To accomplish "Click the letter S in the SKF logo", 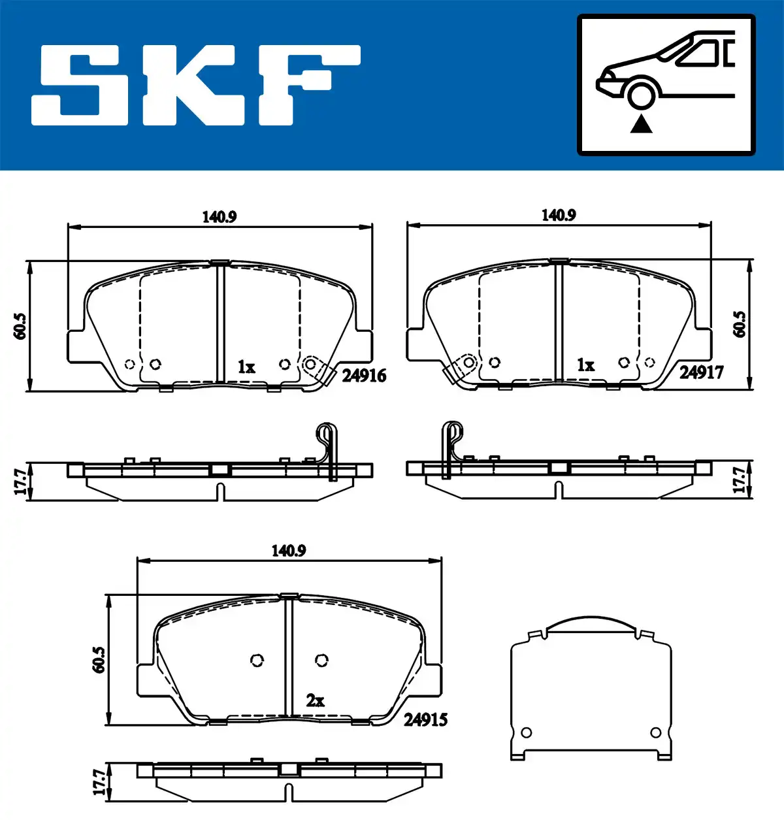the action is coord(80,86).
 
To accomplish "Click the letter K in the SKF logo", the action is coord(191,86).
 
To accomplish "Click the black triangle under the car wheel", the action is coord(641,124).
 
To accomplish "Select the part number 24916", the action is coord(363,376).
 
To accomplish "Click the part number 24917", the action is coord(701,372).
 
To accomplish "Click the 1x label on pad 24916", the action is coord(246,367).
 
